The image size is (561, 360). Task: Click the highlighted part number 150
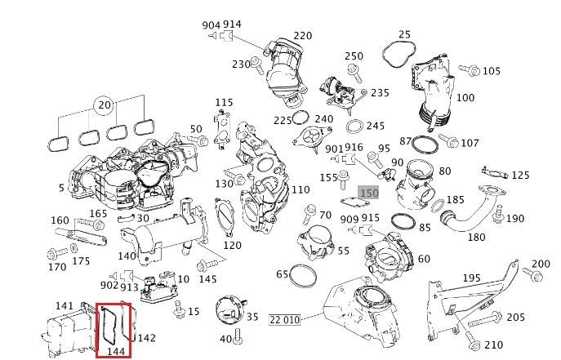click(x=368, y=193)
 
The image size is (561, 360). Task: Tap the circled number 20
click(x=104, y=106)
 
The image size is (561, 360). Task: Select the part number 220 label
click(x=302, y=36)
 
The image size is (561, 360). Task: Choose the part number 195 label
click(x=472, y=279)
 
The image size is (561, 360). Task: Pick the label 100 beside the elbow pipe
click(x=465, y=98)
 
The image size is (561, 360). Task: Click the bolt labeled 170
click(x=55, y=251)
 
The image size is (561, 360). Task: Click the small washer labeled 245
click(x=355, y=127)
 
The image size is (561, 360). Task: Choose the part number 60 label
click(x=424, y=259)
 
